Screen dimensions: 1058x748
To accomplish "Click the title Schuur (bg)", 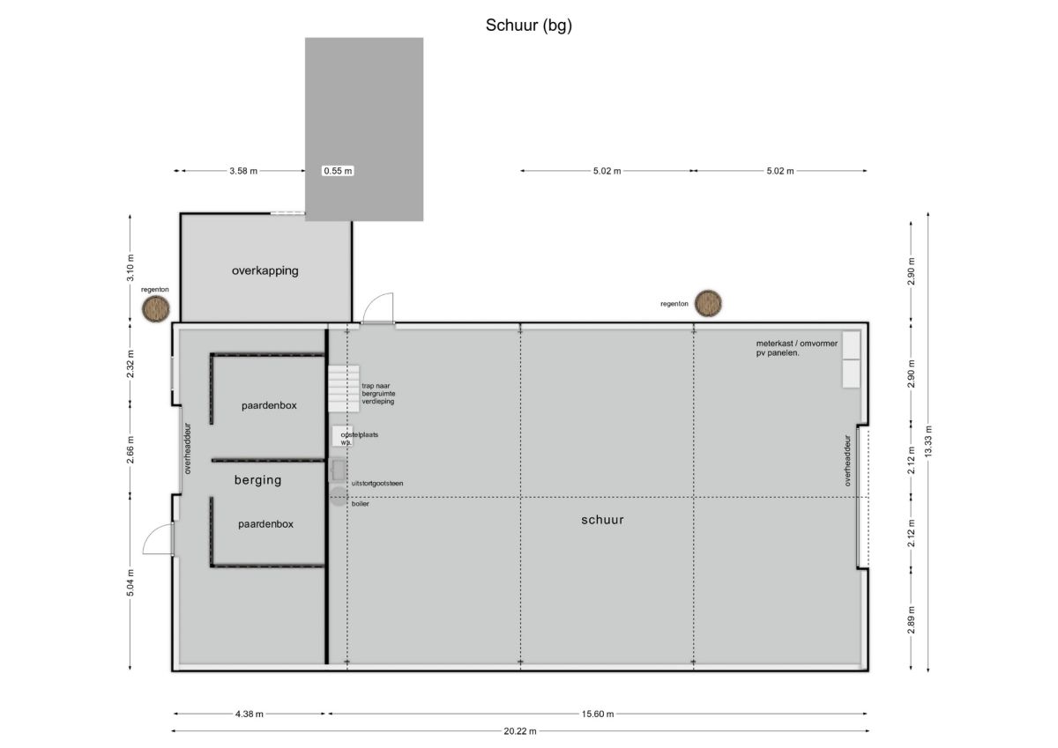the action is [x=528, y=26].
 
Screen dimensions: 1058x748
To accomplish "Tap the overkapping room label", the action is [x=265, y=270].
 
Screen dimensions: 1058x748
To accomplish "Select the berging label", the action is [x=257, y=480].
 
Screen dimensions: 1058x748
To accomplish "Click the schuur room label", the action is [x=602, y=520].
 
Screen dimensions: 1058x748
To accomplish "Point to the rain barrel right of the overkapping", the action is [x=708, y=303].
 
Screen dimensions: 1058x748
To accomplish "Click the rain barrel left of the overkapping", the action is [x=156, y=309].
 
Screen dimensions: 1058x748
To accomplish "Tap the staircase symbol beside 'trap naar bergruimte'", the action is [x=344, y=389].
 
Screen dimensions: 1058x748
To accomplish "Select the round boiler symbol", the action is [x=339, y=497].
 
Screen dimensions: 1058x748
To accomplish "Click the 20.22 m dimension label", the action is [x=520, y=731].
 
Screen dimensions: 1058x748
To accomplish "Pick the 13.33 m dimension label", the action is [x=928, y=441].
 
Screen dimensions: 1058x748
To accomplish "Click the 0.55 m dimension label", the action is [x=339, y=171].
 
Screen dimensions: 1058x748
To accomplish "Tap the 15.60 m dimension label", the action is [x=598, y=714].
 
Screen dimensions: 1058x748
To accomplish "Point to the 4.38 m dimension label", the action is [x=250, y=714].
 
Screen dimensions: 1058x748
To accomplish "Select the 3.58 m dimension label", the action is [x=243, y=171].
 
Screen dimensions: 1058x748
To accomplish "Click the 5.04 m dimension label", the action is [x=130, y=583].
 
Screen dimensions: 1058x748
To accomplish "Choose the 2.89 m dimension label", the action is [x=912, y=620].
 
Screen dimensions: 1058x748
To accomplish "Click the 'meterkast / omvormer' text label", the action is [x=797, y=344].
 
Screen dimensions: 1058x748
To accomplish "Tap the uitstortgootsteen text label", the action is [x=377, y=484].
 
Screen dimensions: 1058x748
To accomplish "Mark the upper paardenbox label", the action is [x=269, y=405].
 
